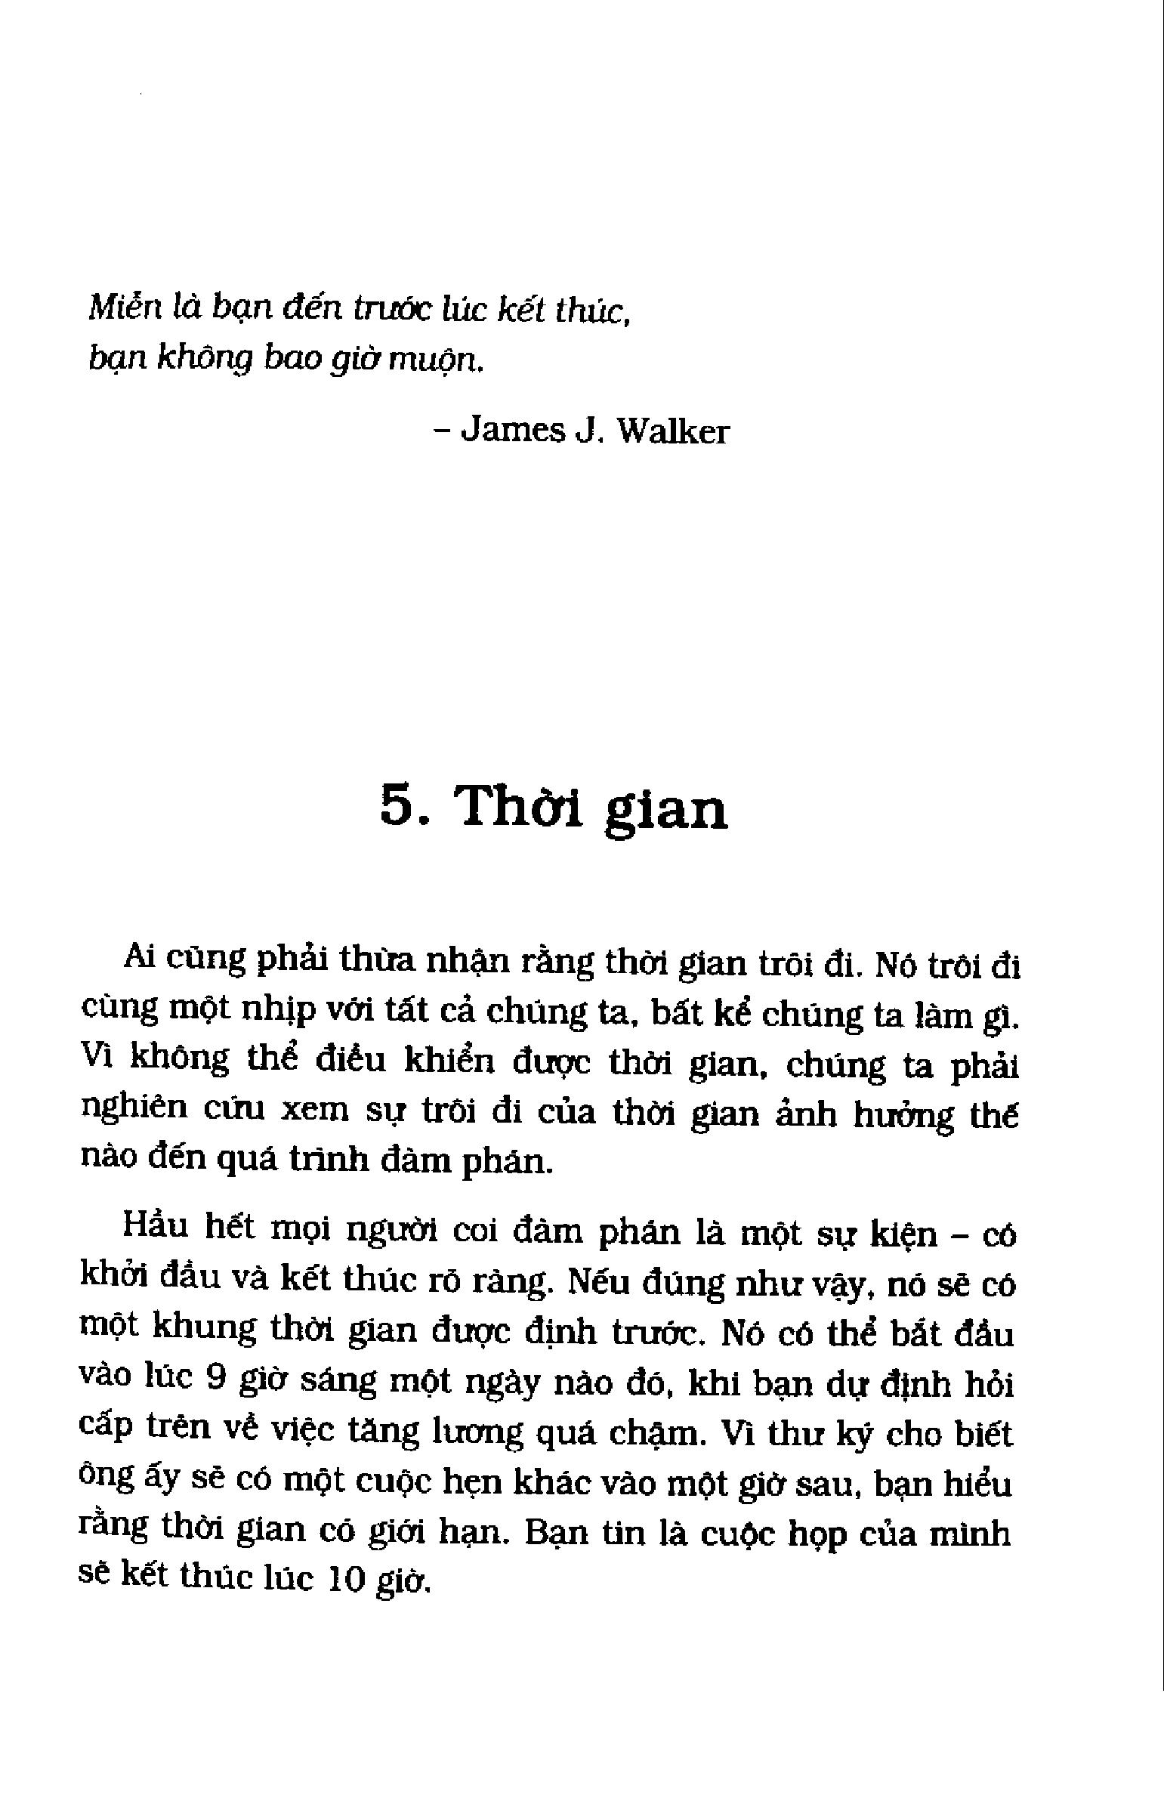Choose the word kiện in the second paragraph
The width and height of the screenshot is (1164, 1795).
tap(904, 1234)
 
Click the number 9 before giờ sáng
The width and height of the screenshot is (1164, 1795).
tap(215, 1379)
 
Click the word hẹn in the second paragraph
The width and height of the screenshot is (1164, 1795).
tap(469, 1481)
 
